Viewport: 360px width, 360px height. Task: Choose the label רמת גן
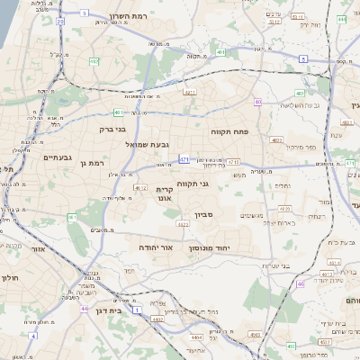(93, 163)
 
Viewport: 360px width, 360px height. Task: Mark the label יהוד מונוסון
(210, 246)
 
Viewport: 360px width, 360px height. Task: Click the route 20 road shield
(59, 20)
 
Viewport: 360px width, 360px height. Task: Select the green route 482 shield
(94, 60)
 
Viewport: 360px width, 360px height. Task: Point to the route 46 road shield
(300, 283)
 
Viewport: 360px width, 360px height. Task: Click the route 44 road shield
(84, 309)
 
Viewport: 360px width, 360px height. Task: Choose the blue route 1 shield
(137, 309)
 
